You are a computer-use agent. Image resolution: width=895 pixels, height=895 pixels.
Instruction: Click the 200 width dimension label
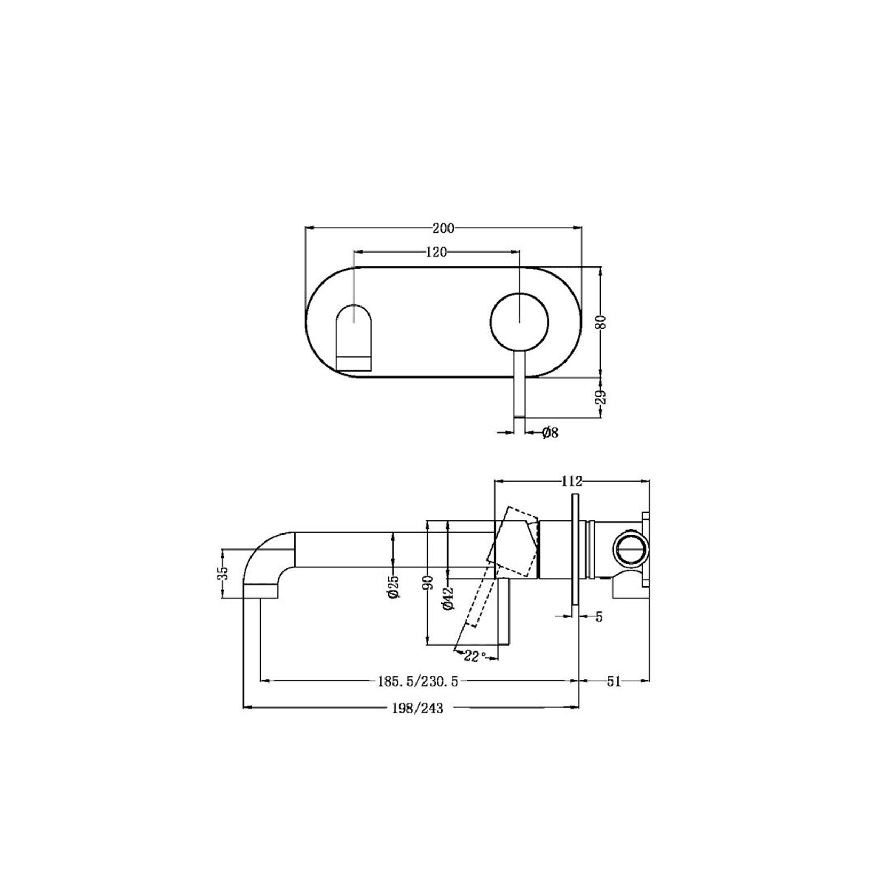[x=443, y=229]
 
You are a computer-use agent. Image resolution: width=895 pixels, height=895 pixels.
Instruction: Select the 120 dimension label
[x=436, y=252]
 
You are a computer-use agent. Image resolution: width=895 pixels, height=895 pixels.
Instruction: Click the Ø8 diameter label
[x=549, y=433]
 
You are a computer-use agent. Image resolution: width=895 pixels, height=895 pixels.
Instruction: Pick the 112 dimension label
[x=571, y=481]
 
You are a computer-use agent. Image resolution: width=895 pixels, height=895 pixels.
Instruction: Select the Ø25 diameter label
[x=394, y=586]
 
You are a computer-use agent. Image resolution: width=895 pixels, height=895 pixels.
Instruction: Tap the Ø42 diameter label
[x=447, y=598]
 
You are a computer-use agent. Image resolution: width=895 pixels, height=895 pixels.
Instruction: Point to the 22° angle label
[x=475, y=656]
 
